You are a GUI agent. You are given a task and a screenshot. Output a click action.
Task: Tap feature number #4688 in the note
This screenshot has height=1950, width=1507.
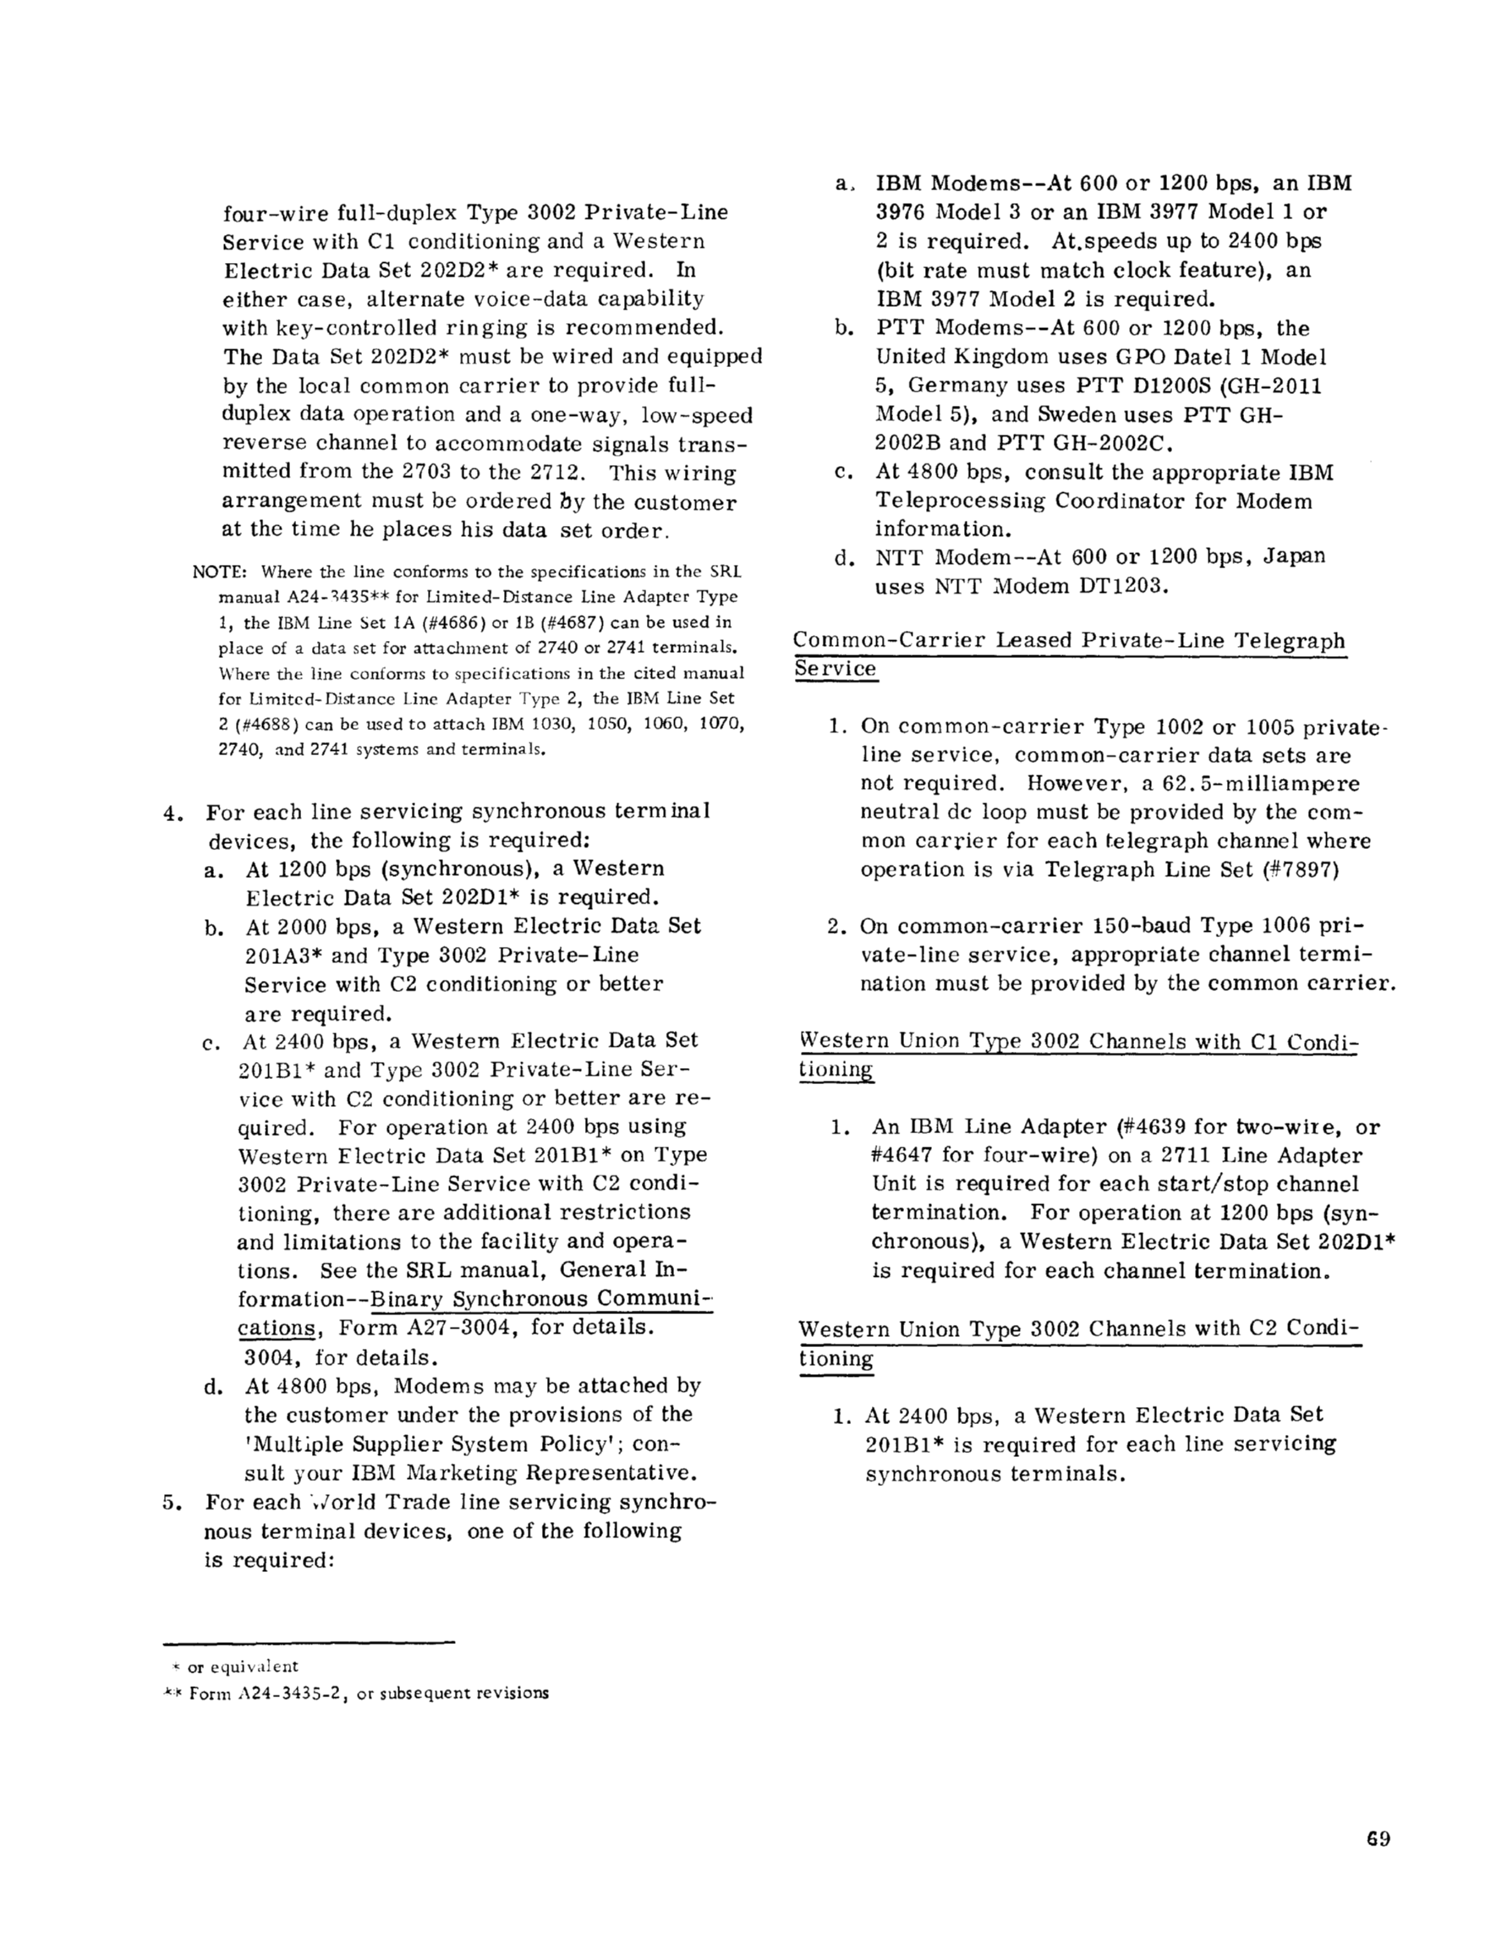coord(263,724)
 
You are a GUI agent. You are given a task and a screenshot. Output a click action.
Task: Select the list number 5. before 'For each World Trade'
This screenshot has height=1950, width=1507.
coord(172,1502)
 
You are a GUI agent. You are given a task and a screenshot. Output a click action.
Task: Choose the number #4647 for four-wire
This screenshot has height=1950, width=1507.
coord(901,1155)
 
